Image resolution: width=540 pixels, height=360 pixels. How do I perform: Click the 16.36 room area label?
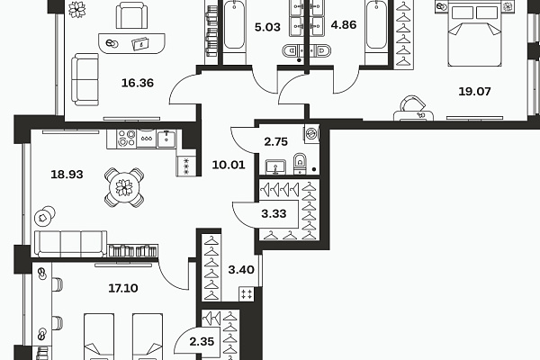[138, 83]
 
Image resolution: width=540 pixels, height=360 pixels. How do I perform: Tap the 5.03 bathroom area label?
[267, 27]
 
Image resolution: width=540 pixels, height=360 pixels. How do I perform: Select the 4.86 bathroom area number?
[344, 25]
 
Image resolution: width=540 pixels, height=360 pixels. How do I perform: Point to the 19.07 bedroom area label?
[474, 92]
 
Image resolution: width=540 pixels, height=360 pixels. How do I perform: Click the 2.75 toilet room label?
[276, 142]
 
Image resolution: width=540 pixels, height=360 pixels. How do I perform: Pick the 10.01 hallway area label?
[229, 165]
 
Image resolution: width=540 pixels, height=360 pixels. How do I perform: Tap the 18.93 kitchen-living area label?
[67, 175]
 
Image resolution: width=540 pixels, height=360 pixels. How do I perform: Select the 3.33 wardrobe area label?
[274, 213]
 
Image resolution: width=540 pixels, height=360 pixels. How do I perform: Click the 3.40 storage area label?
[241, 270]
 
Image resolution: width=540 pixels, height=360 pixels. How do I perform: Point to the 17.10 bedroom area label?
[123, 288]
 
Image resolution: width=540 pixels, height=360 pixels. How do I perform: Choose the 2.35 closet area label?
[202, 342]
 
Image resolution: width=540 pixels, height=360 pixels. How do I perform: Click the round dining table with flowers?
[124, 188]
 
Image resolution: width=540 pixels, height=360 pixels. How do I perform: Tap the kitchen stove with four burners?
[126, 139]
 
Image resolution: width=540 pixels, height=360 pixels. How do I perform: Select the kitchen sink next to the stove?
[166, 139]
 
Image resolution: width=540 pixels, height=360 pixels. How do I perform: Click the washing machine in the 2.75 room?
[311, 133]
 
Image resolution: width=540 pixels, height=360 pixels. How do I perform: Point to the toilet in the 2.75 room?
[301, 163]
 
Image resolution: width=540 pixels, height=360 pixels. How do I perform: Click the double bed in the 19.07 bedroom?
[474, 34]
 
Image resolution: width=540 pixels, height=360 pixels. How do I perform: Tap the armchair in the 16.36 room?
[132, 15]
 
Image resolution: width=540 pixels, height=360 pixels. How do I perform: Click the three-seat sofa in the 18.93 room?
[70, 244]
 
